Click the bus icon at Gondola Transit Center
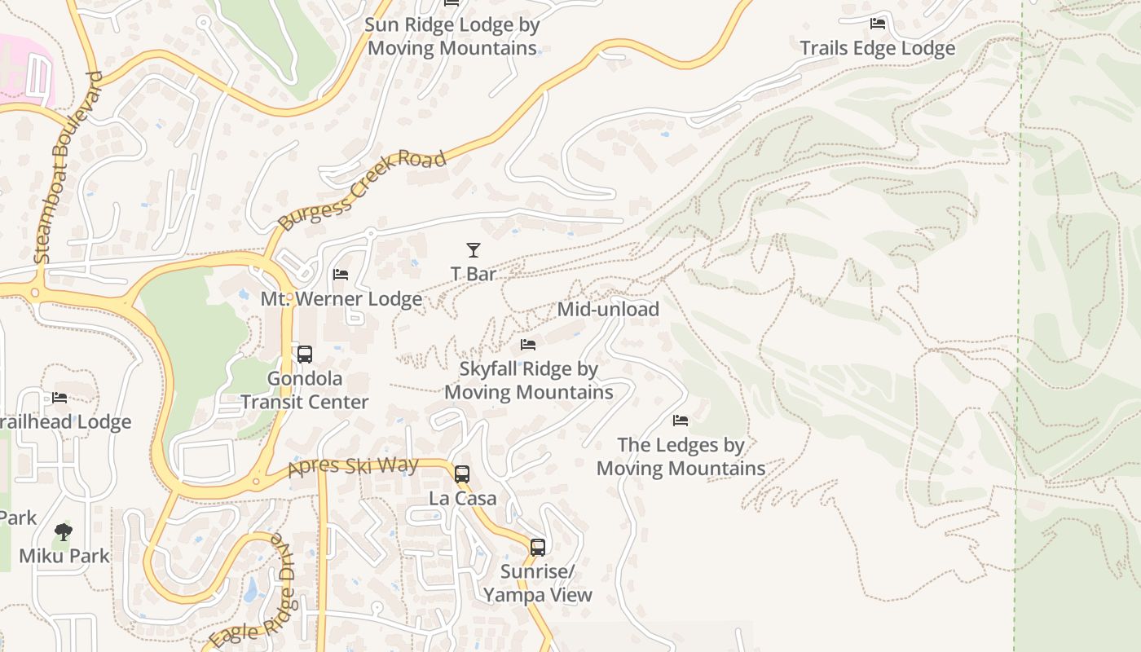[305, 355]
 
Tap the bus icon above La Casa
[462, 474]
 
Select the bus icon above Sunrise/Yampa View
[538, 547]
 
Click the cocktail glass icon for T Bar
[474, 250]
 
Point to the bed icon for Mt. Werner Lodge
[341, 275]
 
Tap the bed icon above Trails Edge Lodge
[878, 24]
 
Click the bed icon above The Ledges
[681, 421]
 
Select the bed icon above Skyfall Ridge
[528, 345]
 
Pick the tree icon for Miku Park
[64, 532]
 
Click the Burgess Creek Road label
[362, 190]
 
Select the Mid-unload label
[608, 310]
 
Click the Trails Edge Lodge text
[878, 48]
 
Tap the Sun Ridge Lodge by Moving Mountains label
[452, 36]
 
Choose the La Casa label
[462, 498]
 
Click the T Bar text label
[474, 274]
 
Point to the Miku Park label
[64, 556]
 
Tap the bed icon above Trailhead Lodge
[59, 398]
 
